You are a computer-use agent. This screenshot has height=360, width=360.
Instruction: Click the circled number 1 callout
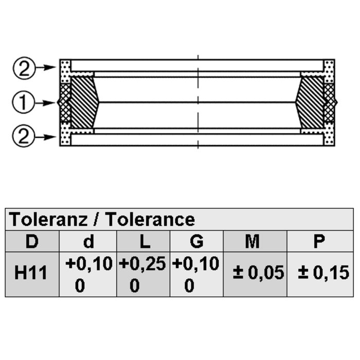click(x=24, y=102)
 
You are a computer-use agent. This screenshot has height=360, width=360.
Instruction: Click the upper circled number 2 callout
click(x=24, y=68)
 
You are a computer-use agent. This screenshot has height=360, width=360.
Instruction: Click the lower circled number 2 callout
click(x=24, y=136)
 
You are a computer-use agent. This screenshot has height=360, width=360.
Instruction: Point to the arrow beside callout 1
click(x=45, y=103)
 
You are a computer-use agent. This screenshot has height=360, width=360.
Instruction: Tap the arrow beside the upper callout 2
click(x=46, y=67)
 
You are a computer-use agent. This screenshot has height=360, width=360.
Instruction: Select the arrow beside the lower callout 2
click(x=45, y=137)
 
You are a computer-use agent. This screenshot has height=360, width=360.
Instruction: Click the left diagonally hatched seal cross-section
click(x=84, y=102)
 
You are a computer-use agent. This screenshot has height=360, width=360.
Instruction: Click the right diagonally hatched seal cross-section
click(x=311, y=102)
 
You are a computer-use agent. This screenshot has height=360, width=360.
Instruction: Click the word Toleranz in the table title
click(x=48, y=219)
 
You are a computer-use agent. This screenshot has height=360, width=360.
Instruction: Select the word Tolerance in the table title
click(x=151, y=219)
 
